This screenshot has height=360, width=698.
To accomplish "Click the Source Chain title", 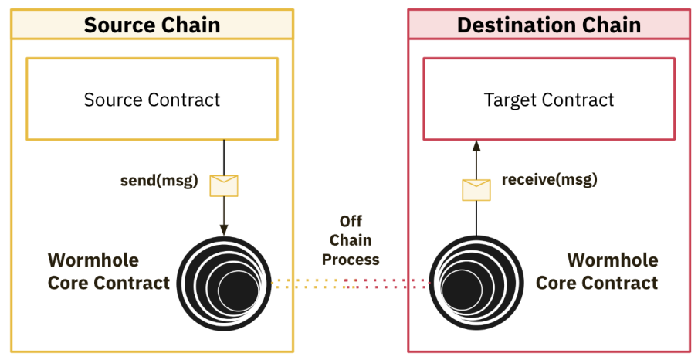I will [152, 25].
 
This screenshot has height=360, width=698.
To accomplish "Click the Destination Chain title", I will [548, 25].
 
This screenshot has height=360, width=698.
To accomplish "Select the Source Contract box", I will [152, 100].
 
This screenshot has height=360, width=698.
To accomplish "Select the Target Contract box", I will [548, 100].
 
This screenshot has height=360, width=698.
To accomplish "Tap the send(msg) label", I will [159, 182].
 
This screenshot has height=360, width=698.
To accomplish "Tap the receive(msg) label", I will [549, 179].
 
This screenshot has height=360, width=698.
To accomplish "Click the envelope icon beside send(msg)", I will [224, 185].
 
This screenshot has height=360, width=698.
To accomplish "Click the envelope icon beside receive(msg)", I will [476, 189].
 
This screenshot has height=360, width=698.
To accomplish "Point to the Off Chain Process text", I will [351, 240].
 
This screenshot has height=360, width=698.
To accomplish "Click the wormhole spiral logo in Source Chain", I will [225, 284].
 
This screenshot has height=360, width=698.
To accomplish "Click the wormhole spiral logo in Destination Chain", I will [476, 284].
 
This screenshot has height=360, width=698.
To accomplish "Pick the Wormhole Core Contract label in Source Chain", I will [108, 271].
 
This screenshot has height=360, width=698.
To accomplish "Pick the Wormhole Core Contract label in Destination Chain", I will [597, 271].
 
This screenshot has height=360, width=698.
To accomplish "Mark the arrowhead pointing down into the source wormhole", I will [224, 230].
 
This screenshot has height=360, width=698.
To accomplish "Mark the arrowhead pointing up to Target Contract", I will [476, 145].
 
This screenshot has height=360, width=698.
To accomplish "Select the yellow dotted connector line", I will [309, 284].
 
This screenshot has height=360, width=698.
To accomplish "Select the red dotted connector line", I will [390, 284].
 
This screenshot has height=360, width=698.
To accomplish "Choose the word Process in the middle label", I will [351, 260].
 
